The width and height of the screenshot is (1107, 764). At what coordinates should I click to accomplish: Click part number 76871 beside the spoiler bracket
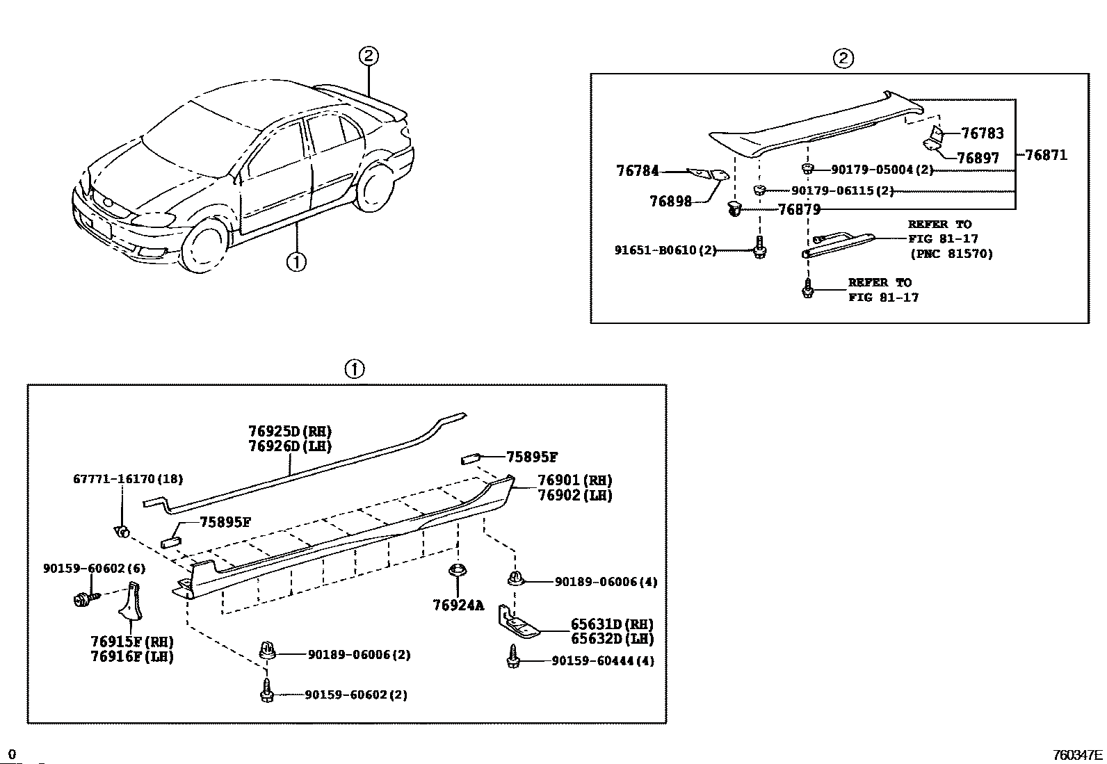1045,155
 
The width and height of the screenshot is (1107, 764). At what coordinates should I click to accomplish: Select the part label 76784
637,170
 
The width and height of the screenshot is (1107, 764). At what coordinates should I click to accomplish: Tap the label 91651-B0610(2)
665,250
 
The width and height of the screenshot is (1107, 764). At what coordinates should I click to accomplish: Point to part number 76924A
458,605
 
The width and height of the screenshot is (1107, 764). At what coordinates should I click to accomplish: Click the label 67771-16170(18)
128,479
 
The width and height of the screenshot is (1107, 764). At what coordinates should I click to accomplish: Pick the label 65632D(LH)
612,639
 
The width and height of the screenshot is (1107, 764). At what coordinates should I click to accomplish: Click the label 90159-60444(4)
603,661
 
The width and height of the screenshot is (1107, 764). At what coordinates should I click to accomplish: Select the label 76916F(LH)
132,656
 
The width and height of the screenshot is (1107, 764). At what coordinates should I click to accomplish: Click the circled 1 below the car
296,262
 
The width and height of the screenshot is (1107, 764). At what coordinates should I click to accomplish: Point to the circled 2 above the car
369,56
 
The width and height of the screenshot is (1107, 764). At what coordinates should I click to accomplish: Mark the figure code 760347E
1077,755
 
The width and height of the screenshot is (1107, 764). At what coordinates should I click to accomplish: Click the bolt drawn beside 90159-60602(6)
82,597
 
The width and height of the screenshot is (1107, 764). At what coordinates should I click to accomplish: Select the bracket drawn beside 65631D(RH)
518,623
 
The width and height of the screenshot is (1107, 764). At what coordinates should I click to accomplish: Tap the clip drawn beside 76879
735,208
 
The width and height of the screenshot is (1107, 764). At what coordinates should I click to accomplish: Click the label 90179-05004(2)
882,170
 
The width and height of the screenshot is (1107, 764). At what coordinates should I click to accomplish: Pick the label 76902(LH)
574,496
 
